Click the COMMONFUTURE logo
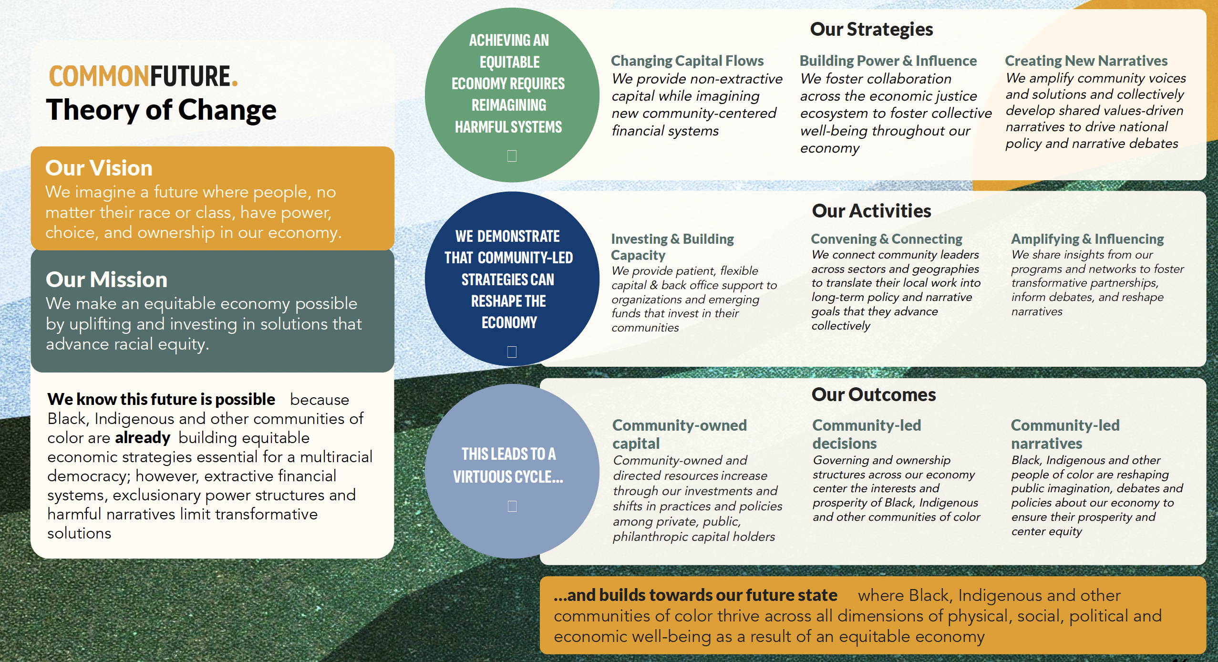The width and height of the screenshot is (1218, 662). point(143,76)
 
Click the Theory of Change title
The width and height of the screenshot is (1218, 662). point(161,110)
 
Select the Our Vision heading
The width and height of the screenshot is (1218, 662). point(99,168)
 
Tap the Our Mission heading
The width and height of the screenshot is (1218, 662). point(106,279)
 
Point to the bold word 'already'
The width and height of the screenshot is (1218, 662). point(143,438)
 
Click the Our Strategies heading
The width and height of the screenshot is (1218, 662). point(871,30)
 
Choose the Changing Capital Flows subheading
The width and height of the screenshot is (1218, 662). point(687,61)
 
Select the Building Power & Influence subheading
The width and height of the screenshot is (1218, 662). point(888,61)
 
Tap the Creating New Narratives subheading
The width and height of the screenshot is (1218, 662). point(1086,61)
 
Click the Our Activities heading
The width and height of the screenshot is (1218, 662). point(871,211)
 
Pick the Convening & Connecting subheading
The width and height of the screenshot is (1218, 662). point(887,239)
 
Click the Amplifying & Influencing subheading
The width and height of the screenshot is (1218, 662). point(1087,239)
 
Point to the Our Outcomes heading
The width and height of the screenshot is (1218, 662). point(874,395)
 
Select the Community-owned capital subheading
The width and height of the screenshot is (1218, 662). point(680,434)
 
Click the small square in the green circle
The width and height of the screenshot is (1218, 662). point(512,156)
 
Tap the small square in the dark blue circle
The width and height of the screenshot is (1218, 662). point(512,352)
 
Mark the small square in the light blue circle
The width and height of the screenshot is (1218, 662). point(512,506)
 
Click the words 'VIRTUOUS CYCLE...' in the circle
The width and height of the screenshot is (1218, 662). point(508,476)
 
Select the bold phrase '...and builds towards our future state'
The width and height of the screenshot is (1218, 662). point(695,595)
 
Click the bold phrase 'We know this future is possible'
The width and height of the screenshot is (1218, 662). point(161,399)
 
